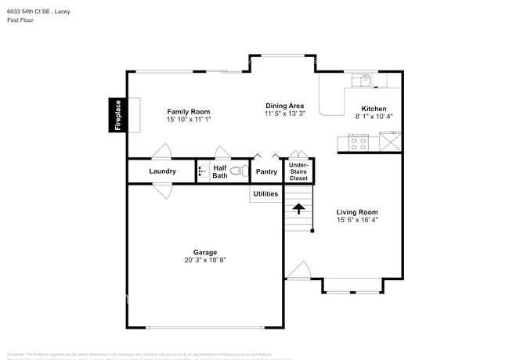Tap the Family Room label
[x=188, y=112]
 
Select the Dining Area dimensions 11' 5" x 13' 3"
[x=283, y=114]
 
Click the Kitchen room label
[x=374, y=108]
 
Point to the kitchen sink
[x=363, y=79]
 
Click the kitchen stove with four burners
[x=359, y=142]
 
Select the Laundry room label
[x=162, y=171]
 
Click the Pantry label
[x=266, y=171]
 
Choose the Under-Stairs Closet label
[x=298, y=171]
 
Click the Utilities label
[x=265, y=193]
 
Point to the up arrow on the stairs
[x=298, y=208]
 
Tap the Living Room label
[x=357, y=212]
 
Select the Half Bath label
[x=220, y=171]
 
